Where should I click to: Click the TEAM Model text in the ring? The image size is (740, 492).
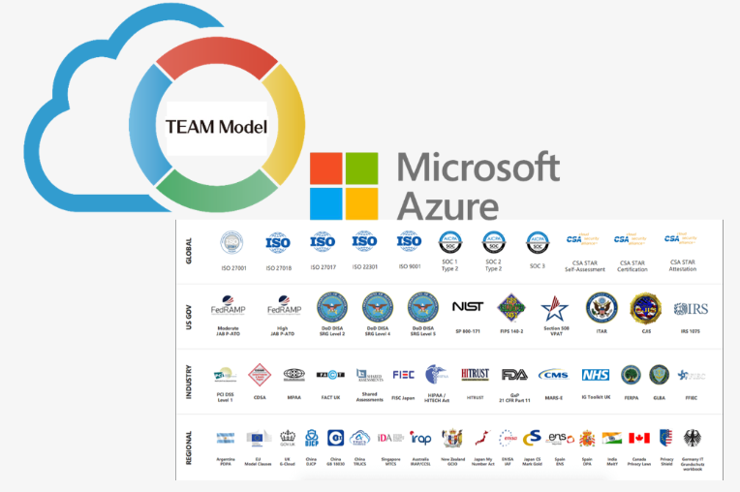[x=217, y=127]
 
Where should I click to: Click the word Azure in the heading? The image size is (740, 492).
[x=448, y=204]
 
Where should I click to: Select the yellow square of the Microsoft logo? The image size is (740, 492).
[x=361, y=203]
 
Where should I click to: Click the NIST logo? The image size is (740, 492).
[x=468, y=307]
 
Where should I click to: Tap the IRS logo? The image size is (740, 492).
[x=691, y=309]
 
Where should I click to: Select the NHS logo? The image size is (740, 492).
[x=595, y=375]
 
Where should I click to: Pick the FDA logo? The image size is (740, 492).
[x=514, y=375]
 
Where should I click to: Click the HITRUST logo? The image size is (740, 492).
[x=475, y=373]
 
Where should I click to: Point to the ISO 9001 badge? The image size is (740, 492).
[x=409, y=242]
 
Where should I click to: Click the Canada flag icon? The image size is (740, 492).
[x=639, y=438]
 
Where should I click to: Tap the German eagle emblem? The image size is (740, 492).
[x=693, y=438]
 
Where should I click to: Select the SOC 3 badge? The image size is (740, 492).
[x=537, y=242]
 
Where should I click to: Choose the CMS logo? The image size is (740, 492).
[x=553, y=375]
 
